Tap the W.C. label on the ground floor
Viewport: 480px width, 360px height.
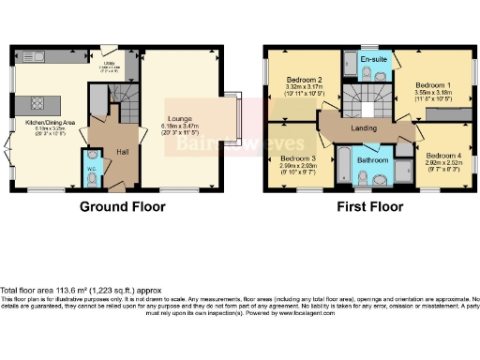(92, 169)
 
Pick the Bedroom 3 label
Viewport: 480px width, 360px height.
(296, 158)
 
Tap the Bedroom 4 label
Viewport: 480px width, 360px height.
(439, 155)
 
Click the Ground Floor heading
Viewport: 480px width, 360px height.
(117, 206)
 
